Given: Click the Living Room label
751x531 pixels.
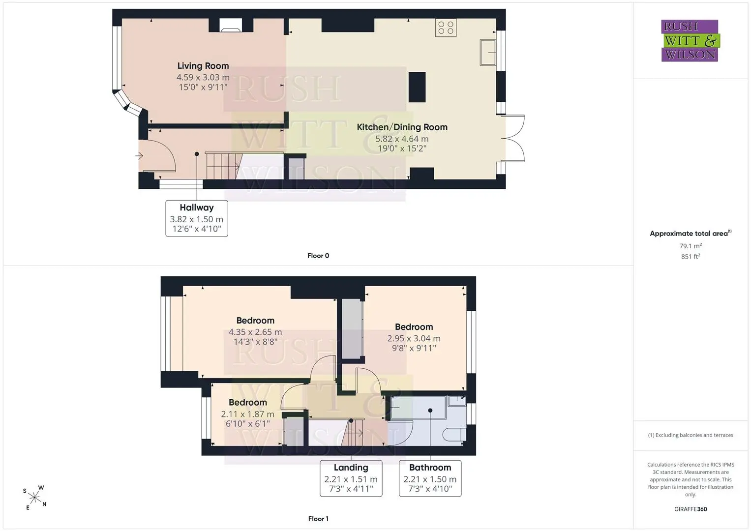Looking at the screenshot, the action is click(x=203, y=66).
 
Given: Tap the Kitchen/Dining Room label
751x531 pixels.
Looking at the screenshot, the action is click(x=402, y=127).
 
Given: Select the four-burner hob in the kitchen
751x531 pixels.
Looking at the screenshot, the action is click(x=446, y=28).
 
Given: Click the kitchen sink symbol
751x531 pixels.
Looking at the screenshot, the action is click(x=488, y=52).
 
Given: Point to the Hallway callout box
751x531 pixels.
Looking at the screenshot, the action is click(x=197, y=218).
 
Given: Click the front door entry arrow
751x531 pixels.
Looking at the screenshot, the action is click(x=139, y=155).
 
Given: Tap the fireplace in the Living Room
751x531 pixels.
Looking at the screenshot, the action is click(x=231, y=25).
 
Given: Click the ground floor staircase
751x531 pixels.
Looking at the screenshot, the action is click(x=222, y=166).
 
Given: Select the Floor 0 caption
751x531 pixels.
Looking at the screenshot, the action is click(x=318, y=256).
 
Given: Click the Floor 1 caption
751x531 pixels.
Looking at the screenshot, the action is click(x=318, y=519).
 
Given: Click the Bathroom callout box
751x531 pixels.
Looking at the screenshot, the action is click(x=430, y=478).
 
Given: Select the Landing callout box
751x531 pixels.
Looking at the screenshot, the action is click(x=351, y=478).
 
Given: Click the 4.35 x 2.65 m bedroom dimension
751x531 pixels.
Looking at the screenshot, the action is click(x=255, y=332).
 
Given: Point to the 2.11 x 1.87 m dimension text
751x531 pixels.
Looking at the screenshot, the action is click(x=247, y=414).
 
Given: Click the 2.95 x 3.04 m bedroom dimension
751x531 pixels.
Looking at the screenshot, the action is click(x=414, y=339).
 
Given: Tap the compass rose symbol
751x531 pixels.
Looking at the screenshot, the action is click(x=34, y=498).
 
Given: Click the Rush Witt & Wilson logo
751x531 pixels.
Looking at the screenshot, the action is click(x=691, y=40).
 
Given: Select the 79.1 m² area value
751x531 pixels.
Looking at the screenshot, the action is click(x=691, y=246).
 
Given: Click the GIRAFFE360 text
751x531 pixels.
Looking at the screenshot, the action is click(x=691, y=509).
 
